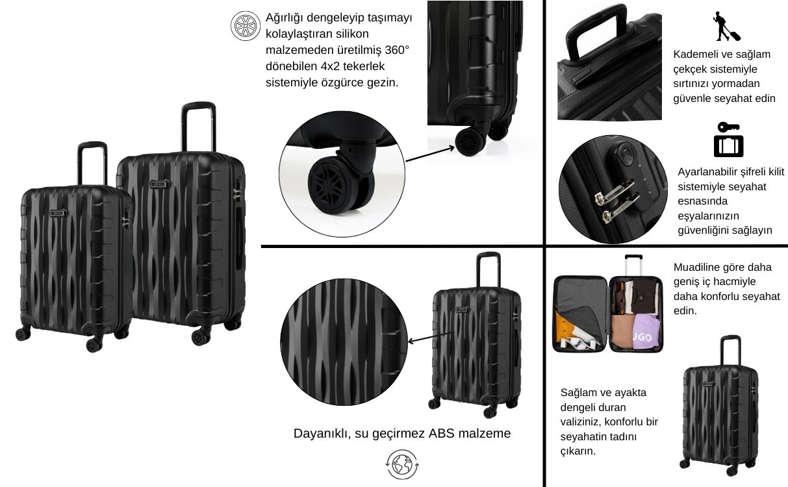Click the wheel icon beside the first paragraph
pyautogui.click(x=245, y=26)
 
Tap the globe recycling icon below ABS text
pyautogui.click(x=402, y=464)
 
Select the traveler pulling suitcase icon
pyautogui.click(x=726, y=27)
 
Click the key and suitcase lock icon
pyautogui.click(x=728, y=140)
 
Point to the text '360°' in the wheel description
pyautogui.click(x=397, y=50)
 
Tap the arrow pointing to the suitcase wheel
pyautogui.click(x=430, y=155)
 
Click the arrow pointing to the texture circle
pyautogui.click(x=431, y=337)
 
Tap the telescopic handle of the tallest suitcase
pyautogui.click(x=198, y=126)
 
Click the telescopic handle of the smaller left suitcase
pyautogui.click(x=92, y=162)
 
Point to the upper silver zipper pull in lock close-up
pyautogui.click(x=614, y=192)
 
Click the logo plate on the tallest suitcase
pyautogui.click(x=159, y=184)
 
